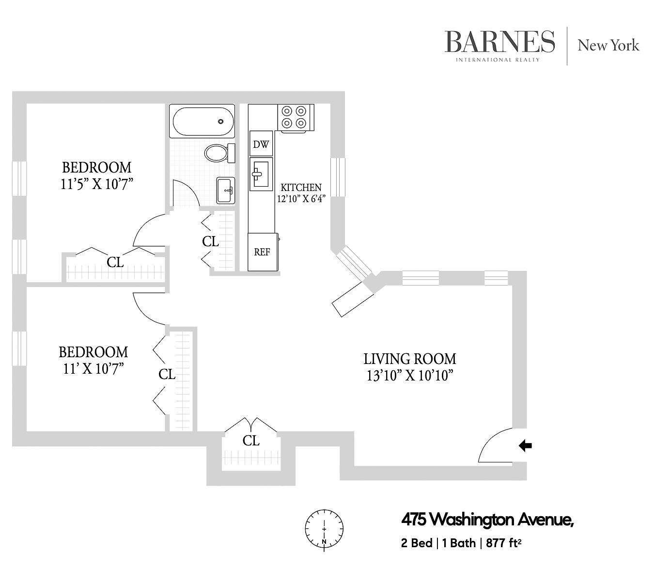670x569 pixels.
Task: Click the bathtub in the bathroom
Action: (x=202, y=121)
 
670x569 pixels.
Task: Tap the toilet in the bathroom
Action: (x=217, y=153)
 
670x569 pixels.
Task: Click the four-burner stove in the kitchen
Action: (x=295, y=117)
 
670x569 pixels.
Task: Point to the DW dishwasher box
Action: (x=261, y=144)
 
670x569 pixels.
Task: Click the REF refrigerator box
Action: (x=262, y=252)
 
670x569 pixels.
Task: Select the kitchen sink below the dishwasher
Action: (x=261, y=174)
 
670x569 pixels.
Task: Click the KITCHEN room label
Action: (x=301, y=187)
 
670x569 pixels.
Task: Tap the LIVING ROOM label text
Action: (x=409, y=359)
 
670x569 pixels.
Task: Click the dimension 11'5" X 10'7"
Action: (x=97, y=184)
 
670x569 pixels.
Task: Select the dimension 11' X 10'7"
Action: (x=93, y=369)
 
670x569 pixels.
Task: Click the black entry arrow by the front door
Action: (x=525, y=445)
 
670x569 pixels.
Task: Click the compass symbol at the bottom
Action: (x=324, y=529)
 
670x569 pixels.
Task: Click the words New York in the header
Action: (x=608, y=46)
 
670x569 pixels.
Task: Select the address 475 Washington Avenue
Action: (x=487, y=520)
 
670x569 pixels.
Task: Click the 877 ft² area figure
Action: (x=503, y=543)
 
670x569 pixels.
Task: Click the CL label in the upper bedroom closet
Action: (x=115, y=262)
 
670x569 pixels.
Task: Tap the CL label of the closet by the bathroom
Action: (x=210, y=241)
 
